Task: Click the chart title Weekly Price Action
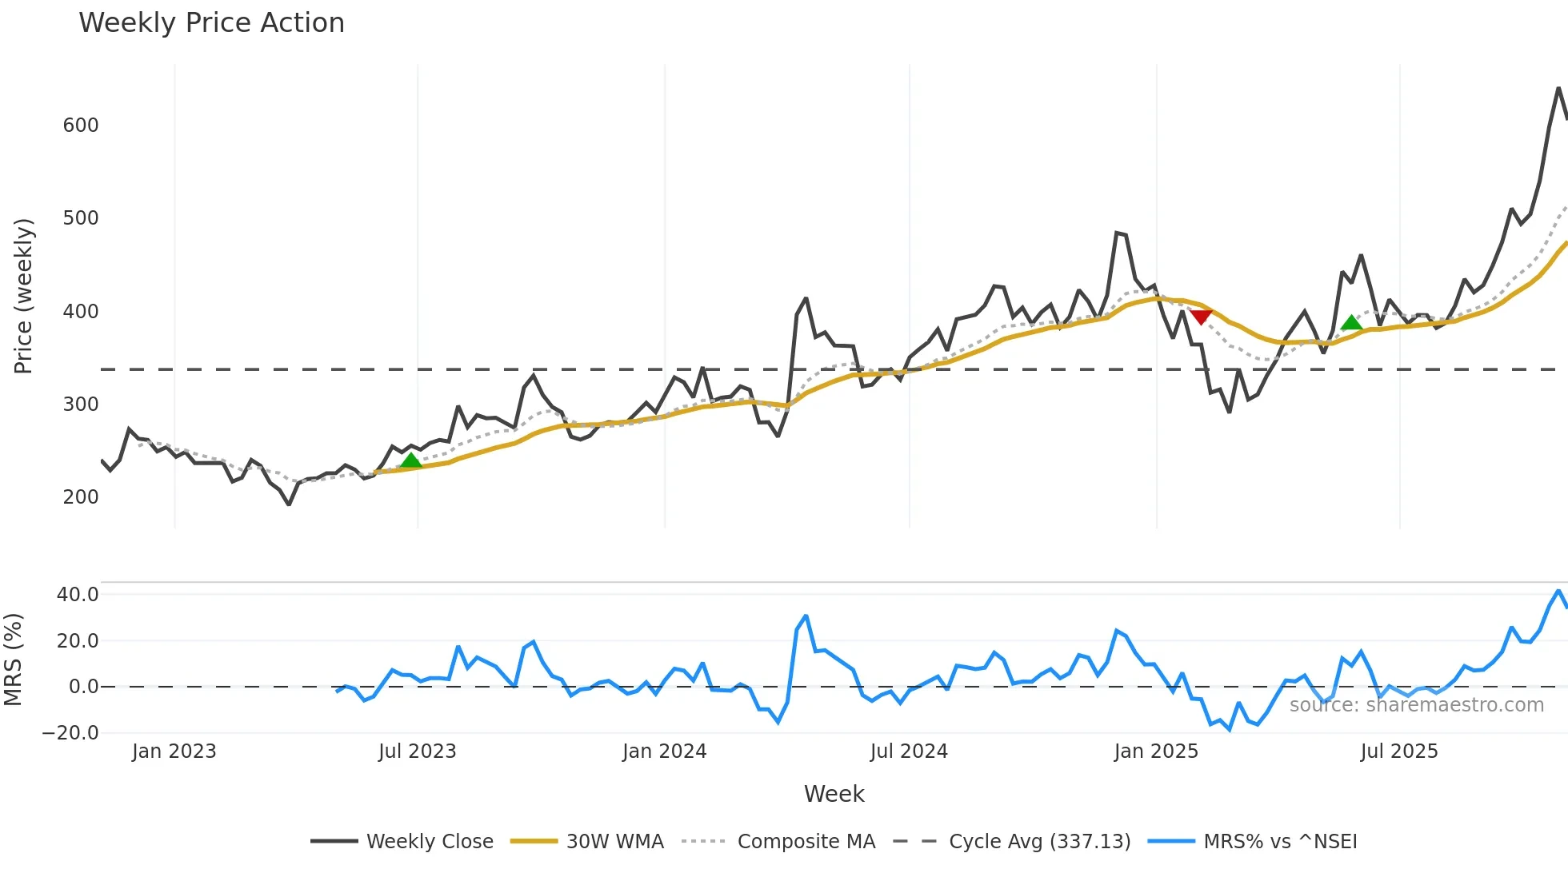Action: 211,23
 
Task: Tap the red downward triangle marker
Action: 1201,317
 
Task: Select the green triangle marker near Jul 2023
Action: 411,460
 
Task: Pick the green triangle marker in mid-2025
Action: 1351,323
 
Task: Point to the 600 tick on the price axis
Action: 81,126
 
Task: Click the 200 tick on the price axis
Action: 81,497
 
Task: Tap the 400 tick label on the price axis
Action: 81,312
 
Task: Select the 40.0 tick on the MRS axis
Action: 78,595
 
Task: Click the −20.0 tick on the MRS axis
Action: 70,733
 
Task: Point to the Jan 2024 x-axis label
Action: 664,751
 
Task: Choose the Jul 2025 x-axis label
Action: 1399,751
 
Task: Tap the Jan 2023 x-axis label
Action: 174,751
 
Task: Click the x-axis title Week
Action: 834,794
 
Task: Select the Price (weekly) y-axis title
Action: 23,296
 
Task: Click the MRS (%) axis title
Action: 13,660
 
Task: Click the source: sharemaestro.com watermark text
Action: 1416,705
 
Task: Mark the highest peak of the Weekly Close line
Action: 1558,89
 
